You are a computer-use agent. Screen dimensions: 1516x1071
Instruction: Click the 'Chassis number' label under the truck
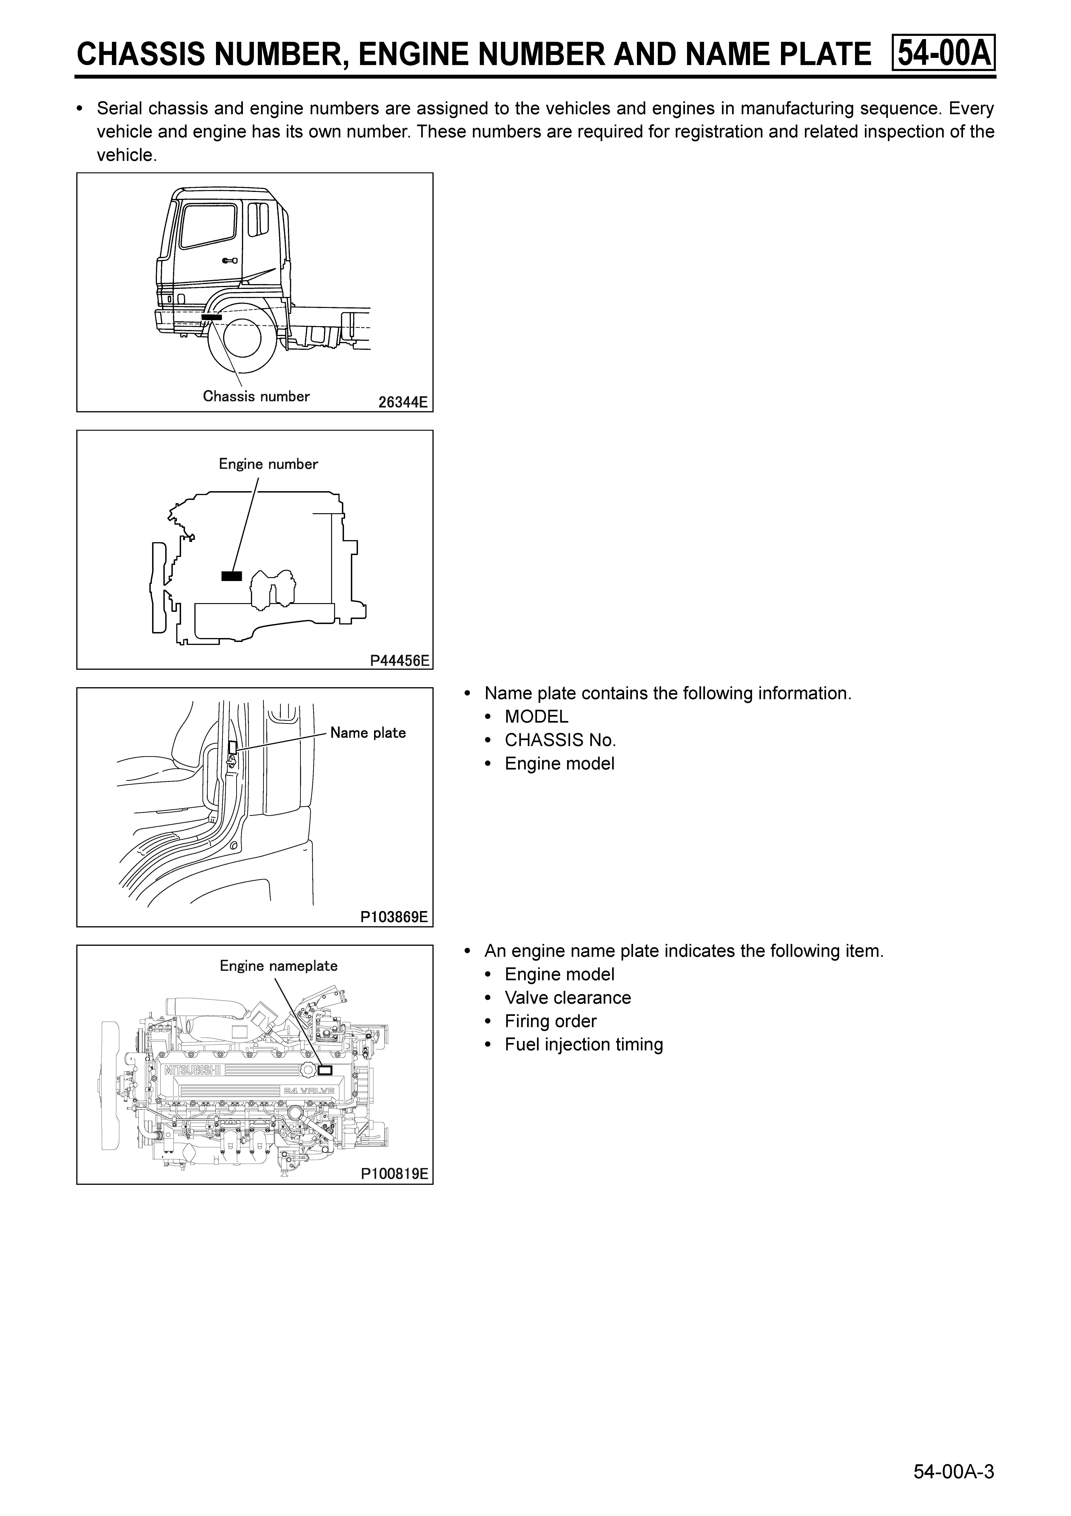[256, 396]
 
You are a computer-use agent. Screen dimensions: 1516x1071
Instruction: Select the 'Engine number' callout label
[268, 464]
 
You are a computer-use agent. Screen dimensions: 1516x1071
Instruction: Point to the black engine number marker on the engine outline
[232, 576]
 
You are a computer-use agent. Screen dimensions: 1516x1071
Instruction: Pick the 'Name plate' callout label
[368, 733]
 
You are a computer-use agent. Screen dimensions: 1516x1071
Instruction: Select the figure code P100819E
[394, 1174]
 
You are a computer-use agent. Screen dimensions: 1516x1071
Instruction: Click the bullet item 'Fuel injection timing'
[584, 1045]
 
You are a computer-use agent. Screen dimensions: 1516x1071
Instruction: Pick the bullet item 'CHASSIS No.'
[560, 740]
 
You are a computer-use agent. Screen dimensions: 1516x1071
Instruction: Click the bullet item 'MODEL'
[536, 717]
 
